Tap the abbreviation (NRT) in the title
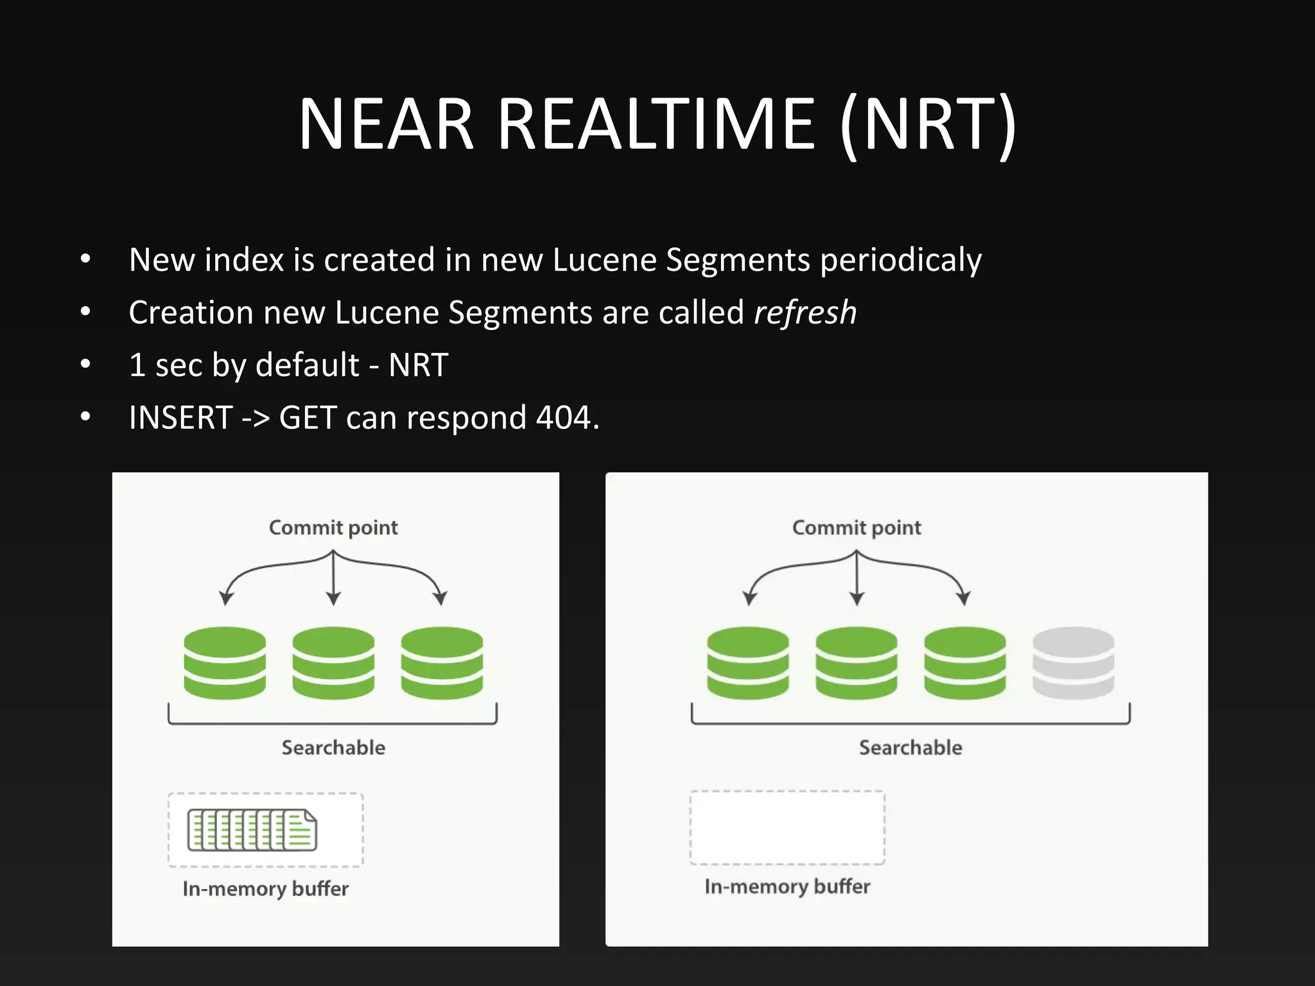tap(928, 125)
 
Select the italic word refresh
tap(805, 313)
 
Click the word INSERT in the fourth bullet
tap(180, 418)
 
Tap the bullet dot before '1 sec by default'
tap(85, 365)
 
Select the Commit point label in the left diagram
tap(333, 528)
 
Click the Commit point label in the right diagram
tap(857, 528)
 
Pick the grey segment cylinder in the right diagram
tap(1073, 662)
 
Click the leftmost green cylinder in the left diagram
tap(225, 662)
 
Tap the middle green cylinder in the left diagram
tap(333, 662)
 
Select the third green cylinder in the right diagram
tap(964, 662)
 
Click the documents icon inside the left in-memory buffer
tap(252, 830)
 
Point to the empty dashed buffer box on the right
tap(787, 828)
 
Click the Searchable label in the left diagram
tap(333, 748)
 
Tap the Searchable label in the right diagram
tap(910, 748)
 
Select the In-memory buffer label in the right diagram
tap(787, 887)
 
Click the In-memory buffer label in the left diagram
tap(265, 889)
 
